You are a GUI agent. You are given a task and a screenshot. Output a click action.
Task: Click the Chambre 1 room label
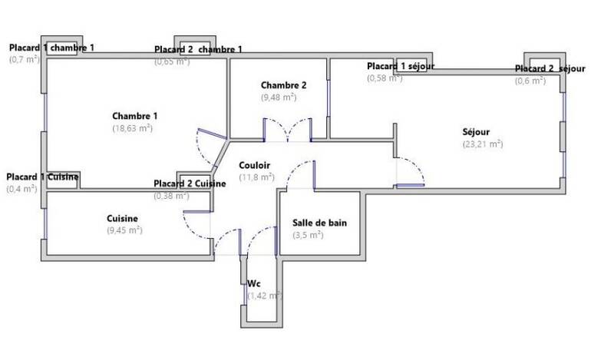pyautogui.click(x=135, y=116)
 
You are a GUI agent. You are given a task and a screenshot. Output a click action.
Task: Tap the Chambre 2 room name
pyautogui.click(x=283, y=85)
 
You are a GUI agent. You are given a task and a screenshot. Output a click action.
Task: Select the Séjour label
pyautogui.click(x=476, y=131)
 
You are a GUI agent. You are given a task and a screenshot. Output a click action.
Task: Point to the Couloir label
pyautogui.click(x=255, y=165)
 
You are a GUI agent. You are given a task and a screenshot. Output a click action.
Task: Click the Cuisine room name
pyautogui.click(x=122, y=218)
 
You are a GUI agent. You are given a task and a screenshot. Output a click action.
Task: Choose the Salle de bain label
pyautogui.click(x=319, y=223)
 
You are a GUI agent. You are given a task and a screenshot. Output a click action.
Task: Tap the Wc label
pyautogui.click(x=254, y=283)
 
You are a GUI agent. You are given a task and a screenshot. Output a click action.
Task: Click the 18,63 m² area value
pyautogui.click(x=132, y=128)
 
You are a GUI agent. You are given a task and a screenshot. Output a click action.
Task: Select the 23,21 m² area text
pyautogui.click(x=483, y=144)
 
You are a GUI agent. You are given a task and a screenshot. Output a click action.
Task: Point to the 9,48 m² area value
pyautogui.click(x=279, y=97)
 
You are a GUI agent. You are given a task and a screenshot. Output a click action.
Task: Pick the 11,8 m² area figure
pyautogui.click(x=256, y=177)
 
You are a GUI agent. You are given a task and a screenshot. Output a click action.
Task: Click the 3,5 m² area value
pyautogui.click(x=308, y=235)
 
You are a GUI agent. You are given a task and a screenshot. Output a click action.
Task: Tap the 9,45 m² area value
pyautogui.click(x=124, y=230)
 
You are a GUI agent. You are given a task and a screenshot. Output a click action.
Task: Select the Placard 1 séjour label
pyautogui.click(x=401, y=66)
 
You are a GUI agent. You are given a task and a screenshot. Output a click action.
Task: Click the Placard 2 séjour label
pyautogui.click(x=550, y=68)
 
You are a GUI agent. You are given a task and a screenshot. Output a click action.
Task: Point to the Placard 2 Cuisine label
pyautogui.click(x=190, y=183)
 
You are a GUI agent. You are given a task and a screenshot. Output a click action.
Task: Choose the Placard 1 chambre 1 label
pyautogui.click(x=51, y=48)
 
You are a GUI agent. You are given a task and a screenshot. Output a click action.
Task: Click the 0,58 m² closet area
pyautogui.click(x=385, y=78)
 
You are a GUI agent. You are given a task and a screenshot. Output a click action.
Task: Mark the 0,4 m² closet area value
pyautogui.click(x=22, y=189)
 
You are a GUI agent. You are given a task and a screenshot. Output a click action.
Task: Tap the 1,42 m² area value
pyautogui.click(x=265, y=296)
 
